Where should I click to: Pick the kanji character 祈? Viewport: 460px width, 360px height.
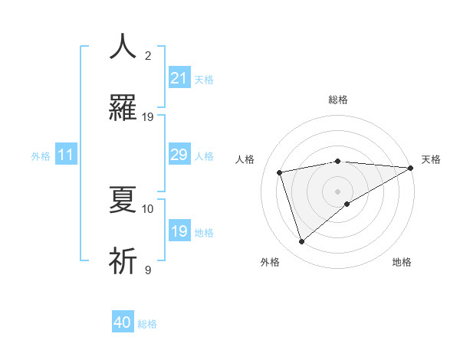pyautogui.click(x=123, y=261)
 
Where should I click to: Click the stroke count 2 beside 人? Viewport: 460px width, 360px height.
pyautogui.click(x=148, y=55)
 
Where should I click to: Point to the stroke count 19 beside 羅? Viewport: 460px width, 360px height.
pyautogui.click(x=148, y=117)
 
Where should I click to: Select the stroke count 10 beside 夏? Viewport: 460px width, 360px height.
pyautogui.click(x=148, y=208)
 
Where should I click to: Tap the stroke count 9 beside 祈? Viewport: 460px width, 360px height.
pyautogui.click(x=148, y=270)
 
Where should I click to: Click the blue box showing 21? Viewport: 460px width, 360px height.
pyautogui.click(x=179, y=78)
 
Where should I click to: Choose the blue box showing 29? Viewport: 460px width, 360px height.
pyautogui.click(x=179, y=155)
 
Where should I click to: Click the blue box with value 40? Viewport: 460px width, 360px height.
pyautogui.click(x=123, y=323)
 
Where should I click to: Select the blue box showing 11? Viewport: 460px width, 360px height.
pyautogui.click(x=66, y=155)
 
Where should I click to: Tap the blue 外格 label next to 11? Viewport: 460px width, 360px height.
pyautogui.click(x=41, y=156)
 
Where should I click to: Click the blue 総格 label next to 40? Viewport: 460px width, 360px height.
pyautogui.click(x=148, y=324)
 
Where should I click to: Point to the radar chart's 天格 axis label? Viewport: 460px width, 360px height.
pyautogui.click(x=431, y=159)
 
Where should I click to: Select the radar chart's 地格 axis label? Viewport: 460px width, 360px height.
pyautogui.click(x=402, y=262)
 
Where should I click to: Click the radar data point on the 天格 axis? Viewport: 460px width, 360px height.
pyautogui.click(x=411, y=167)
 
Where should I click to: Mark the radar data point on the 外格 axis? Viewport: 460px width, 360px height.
pyautogui.click(x=301, y=242)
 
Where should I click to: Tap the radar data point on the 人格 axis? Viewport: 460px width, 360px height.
pyautogui.click(x=280, y=172)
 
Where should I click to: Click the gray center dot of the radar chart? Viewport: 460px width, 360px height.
pyautogui.click(x=337, y=191)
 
